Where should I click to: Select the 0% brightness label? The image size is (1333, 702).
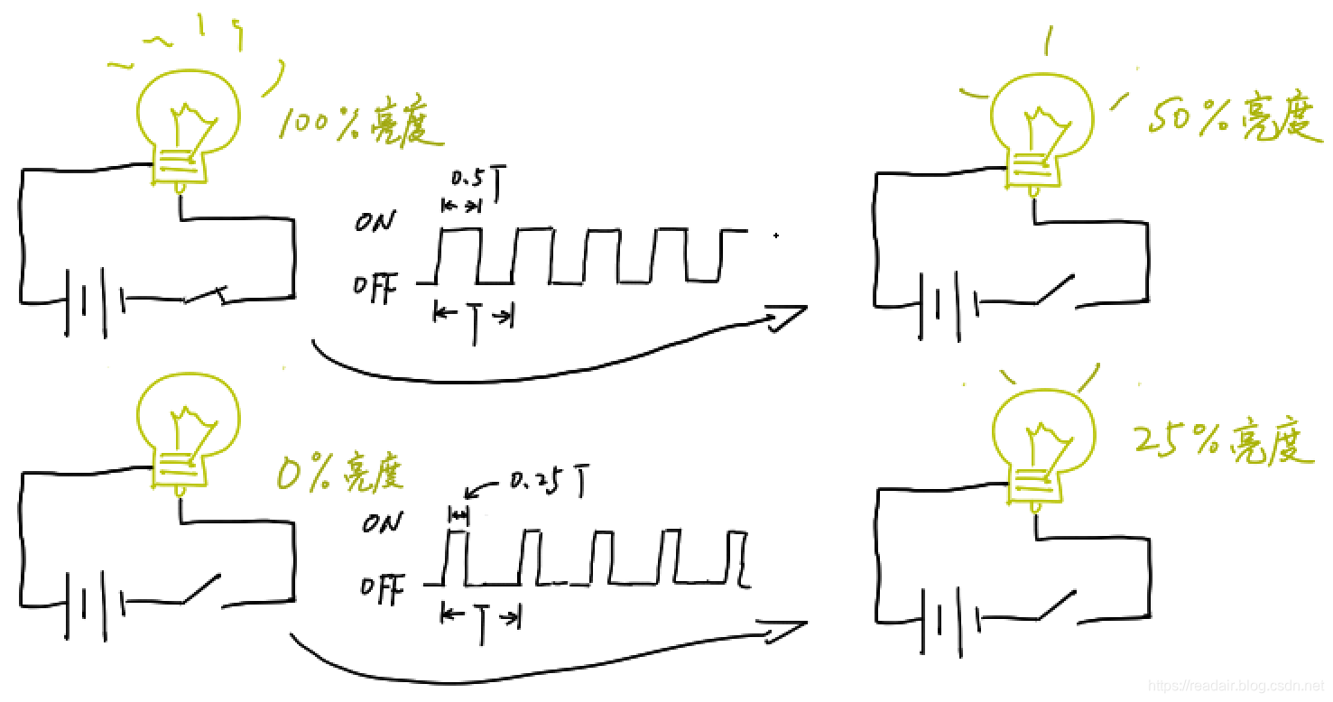pyautogui.click(x=339, y=471)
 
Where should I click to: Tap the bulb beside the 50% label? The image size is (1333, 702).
pyautogui.click(x=1042, y=126)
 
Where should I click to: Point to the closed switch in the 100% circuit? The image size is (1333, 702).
pyautogui.click(x=208, y=296)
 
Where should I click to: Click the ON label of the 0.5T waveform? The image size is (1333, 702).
pyautogui.click(x=374, y=222)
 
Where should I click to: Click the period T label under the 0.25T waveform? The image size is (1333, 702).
pyautogui.click(x=482, y=620)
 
